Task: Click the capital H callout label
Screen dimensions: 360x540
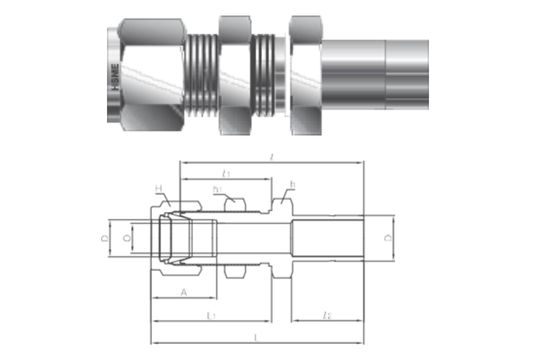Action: point(158,189)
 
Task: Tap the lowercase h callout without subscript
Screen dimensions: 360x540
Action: point(292,185)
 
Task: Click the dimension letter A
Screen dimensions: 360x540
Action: point(182,291)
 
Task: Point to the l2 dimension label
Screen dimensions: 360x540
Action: point(328,316)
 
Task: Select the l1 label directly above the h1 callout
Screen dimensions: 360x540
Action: point(226,173)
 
